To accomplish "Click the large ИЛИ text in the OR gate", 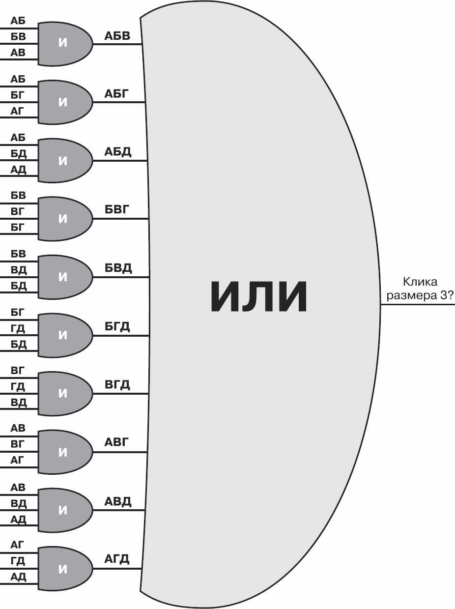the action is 258,296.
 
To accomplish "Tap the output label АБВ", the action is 117,36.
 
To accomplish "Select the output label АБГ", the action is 116,94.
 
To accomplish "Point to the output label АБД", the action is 118,152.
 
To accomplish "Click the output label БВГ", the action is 117,210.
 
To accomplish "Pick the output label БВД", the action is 118,268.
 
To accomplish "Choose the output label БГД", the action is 117,327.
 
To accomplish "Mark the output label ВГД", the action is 117,385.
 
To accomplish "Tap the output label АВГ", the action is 116,442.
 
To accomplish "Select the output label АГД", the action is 117,559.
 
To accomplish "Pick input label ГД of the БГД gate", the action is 18,329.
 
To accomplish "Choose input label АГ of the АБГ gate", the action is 17,111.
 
